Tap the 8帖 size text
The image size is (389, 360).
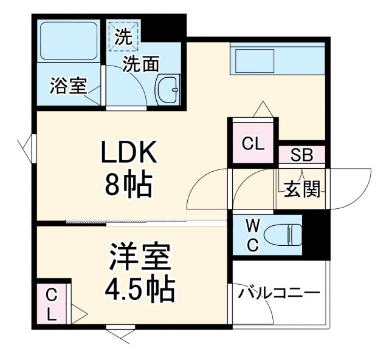(x=128, y=186)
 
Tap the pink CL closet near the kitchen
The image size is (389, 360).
(x=253, y=144)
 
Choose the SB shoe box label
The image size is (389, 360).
(x=301, y=155)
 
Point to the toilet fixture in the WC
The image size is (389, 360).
(x=289, y=234)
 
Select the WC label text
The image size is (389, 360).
(x=253, y=236)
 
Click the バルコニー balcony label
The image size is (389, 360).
(x=279, y=294)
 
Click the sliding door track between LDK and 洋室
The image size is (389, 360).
(x=146, y=222)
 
